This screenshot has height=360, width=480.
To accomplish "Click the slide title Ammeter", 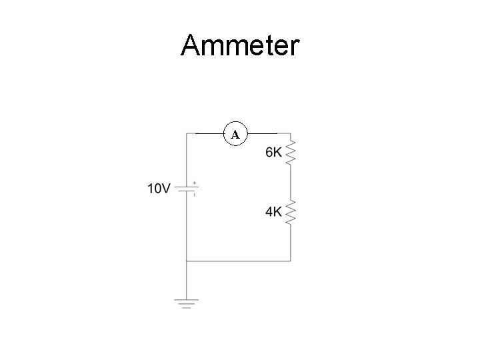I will click(x=240, y=46).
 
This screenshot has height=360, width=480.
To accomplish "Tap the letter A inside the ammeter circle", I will click(x=235, y=135).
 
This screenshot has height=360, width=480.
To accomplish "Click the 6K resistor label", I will click(x=273, y=153).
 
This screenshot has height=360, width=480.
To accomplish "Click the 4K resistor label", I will click(x=273, y=212).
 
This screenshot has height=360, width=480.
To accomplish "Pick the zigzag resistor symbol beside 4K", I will click(x=291, y=213).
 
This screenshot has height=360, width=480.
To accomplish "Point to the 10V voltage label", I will click(x=158, y=189).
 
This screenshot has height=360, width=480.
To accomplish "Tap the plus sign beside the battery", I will click(x=194, y=182).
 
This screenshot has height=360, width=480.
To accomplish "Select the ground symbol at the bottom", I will click(x=187, y=304).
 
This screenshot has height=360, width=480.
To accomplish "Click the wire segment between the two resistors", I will click(x=291, y=184).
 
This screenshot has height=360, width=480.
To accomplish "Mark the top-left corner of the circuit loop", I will click(x=187, y=133).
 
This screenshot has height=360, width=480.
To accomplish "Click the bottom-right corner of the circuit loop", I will click(x=291, y=261).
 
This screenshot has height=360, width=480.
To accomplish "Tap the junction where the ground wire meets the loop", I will click(x=187, y=261).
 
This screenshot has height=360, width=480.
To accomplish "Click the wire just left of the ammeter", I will click(x=207, y=133).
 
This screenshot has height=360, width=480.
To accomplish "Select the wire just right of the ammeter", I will click(x=263, y=133).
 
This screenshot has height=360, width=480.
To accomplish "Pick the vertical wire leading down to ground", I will click(x=187, y=280).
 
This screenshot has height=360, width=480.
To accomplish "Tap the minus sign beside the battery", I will click(x=194, y=195).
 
